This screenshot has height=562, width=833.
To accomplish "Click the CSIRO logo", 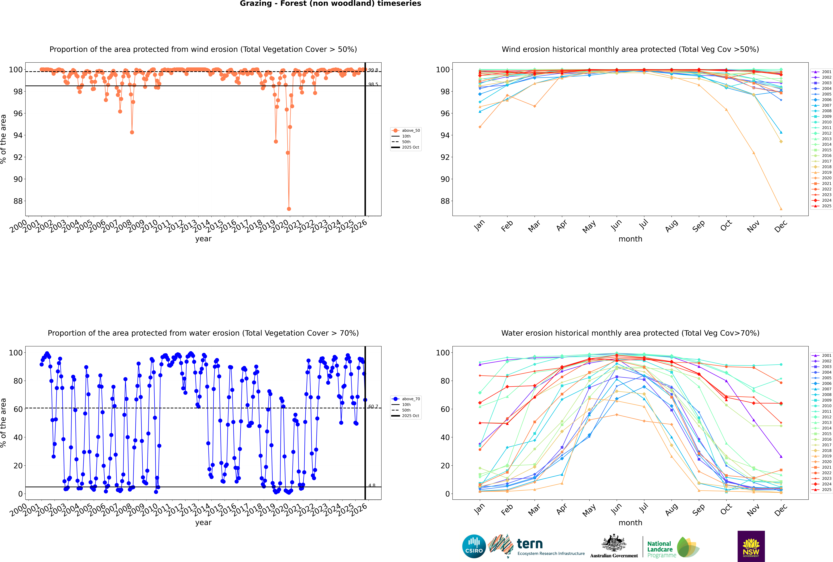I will (474, 546).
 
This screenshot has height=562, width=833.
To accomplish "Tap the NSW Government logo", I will (751, 546).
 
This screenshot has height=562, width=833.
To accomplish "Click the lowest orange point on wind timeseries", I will (289, 209).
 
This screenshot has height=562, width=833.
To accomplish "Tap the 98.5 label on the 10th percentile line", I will (373, 85).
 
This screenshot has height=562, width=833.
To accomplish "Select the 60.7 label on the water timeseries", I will (373, 406).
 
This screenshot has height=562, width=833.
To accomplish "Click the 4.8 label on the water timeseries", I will (372, 486).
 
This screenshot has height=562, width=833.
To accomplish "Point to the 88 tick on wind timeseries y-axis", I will (18, 201).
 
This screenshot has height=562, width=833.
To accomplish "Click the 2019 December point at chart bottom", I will (781, 209).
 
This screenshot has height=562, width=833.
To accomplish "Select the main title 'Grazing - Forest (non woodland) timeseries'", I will (330, 4).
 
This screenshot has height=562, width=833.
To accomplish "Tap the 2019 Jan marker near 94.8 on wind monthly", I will (480, 127).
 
